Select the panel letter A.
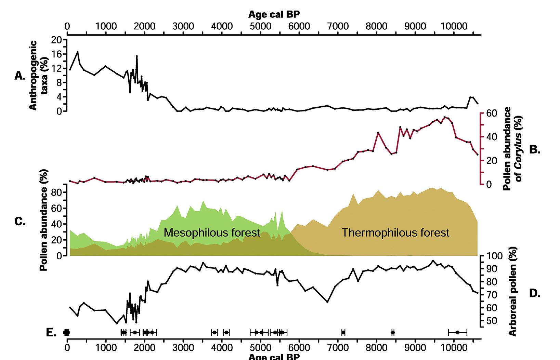(20, 76)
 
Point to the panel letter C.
(20, 222)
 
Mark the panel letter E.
(51, 333)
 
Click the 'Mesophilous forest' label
(212, 233)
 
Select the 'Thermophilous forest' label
(395, 233)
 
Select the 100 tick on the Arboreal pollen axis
(493, 256)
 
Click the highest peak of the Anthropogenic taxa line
(78, 52)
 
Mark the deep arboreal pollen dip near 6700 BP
(327, 302)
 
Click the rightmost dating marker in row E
(457, 332)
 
